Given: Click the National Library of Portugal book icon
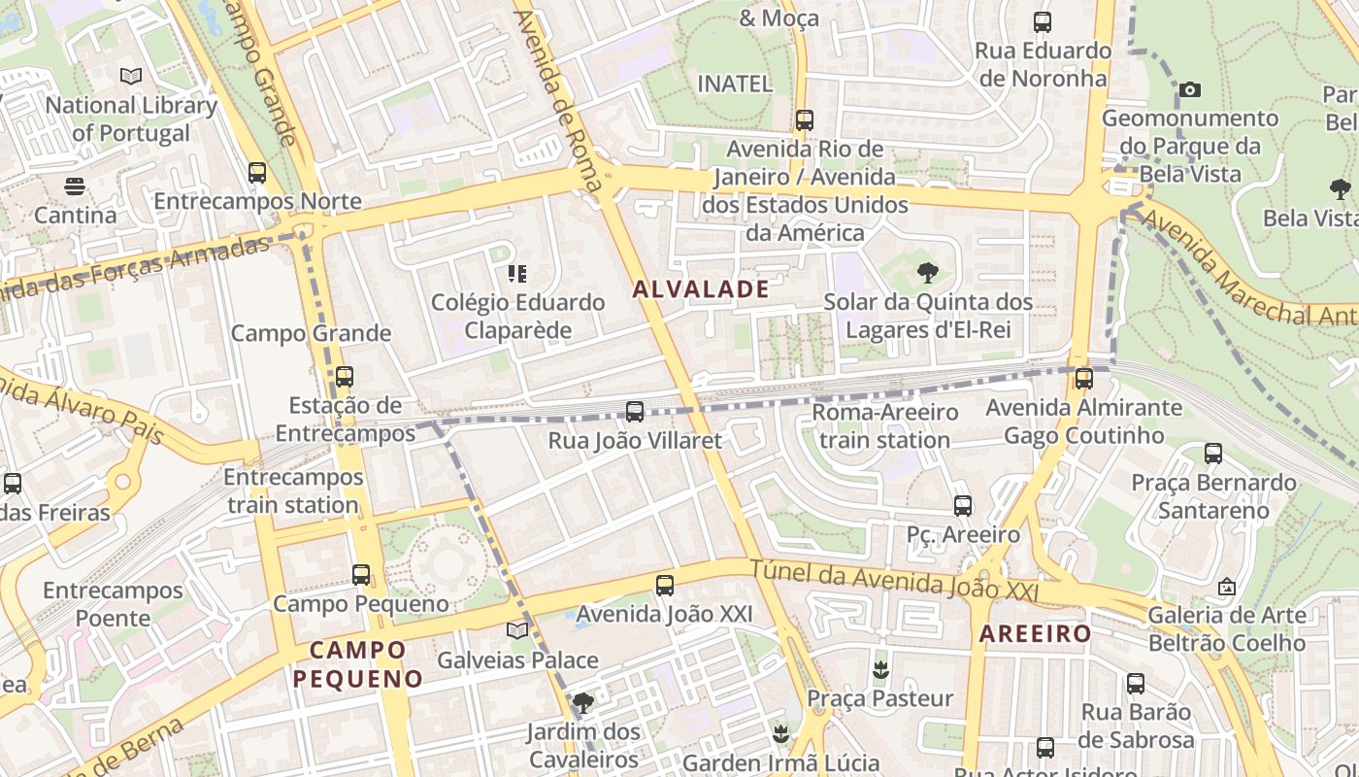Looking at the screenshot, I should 130,76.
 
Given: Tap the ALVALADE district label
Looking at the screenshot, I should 701,288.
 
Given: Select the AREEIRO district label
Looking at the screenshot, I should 1035,634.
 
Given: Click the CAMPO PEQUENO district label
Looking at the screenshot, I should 358,664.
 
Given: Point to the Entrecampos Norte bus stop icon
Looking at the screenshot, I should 257,173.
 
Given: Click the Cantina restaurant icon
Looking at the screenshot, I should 75,186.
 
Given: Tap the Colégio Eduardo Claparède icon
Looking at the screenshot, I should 517,274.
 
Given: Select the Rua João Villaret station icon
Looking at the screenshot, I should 635,412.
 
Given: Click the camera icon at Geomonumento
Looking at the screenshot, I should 1190,90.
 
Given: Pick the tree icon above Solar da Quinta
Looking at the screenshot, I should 928,273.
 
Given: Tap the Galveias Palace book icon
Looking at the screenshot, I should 517,631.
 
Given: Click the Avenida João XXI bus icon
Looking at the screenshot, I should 665,586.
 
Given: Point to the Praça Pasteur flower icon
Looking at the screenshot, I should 880,669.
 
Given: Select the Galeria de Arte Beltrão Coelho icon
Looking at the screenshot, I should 1227,587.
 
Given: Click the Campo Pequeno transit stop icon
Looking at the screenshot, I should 361,575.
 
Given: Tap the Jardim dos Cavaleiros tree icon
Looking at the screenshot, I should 582,702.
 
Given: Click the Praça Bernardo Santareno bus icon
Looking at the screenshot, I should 1213,454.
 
